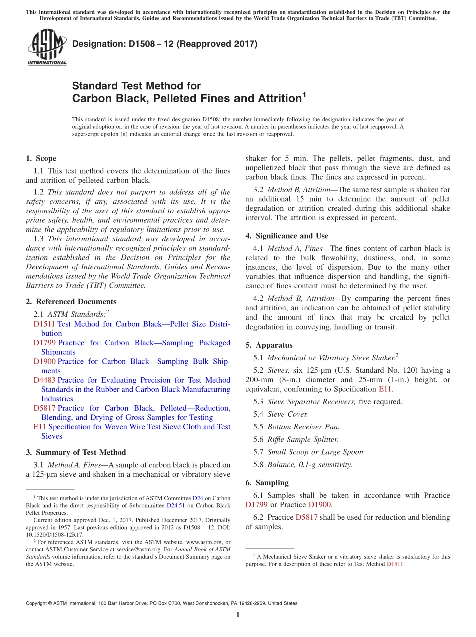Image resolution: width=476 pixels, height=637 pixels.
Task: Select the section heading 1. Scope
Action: coord(41,159)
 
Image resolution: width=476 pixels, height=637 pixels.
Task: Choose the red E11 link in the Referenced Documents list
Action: coord(39,427)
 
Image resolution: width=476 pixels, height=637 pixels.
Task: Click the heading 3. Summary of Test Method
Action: coord(76,452)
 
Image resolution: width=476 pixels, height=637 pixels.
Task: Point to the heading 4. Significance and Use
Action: coord(287,236)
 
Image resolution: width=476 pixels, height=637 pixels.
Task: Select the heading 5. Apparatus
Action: coord(269,345)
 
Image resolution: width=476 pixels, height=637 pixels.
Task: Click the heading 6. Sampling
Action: coord(267,483)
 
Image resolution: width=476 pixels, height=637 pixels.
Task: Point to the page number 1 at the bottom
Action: coord(238,615)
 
